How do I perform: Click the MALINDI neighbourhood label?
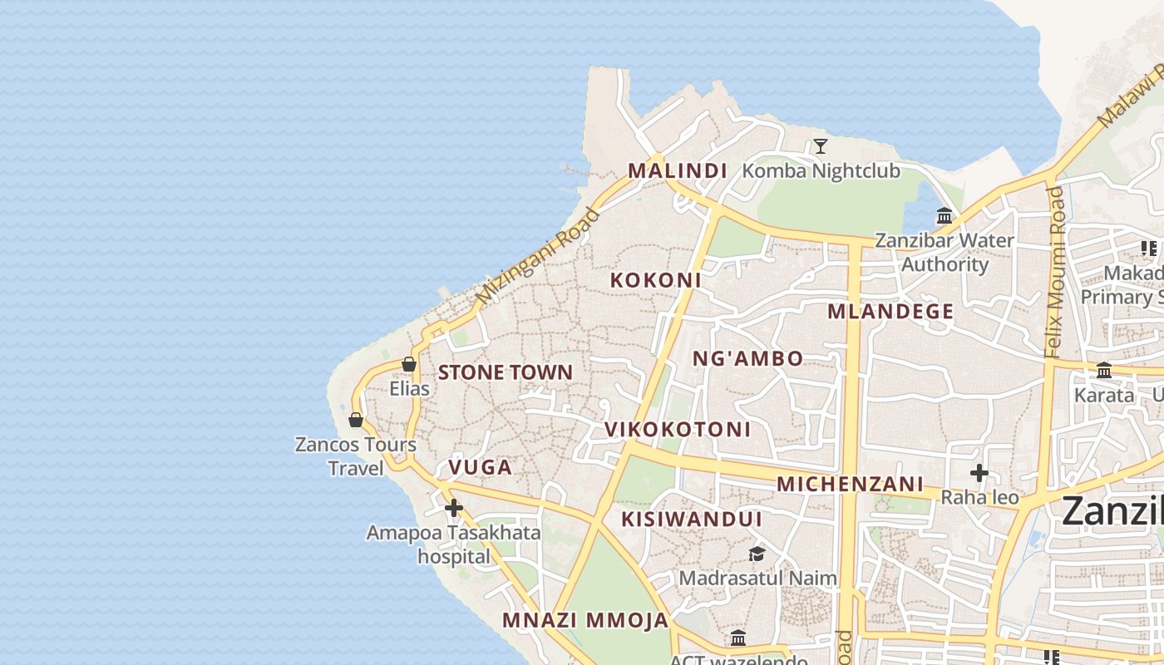tap(677, 171)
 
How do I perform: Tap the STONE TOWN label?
tap(506, 372)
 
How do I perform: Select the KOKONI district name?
tap(655, 280)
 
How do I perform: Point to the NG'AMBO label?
tap(748, 359)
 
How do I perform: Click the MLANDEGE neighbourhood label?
tap(890, 312)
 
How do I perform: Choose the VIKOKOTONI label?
tap(678, 430)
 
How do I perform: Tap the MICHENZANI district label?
tap(850, 484)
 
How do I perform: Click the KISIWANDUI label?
tap(692, 520)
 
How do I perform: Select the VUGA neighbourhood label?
tap(481, 467)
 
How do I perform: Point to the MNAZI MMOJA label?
tap(585, 620)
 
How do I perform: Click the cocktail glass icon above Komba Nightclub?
tap(821, 147)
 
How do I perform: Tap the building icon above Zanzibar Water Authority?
tap(945, 216)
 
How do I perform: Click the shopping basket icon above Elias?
tap(409, 364)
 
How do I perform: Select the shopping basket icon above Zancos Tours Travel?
tap(356, 420)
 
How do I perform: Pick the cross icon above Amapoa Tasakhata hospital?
tap(454, 508)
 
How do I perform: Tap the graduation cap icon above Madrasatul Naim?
tap(757, 554)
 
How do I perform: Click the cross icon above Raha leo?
tap(979, 474)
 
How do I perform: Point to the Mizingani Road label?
tap(538, 255)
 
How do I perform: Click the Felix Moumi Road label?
tap(1055, 272)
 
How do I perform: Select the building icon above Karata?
tap(1104, 371)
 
